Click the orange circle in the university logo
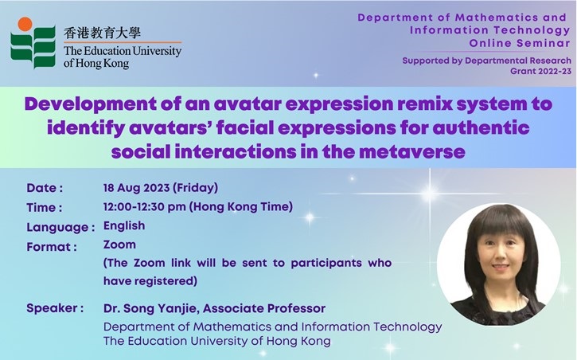point(25,24)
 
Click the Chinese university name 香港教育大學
point(102,33)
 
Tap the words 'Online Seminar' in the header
point(520,43)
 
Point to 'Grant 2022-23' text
point(540,71)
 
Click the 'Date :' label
point(45,188)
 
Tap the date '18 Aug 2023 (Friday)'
point(161,188)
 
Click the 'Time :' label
point(44,208)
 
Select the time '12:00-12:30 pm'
point(144,206)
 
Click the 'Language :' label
point(60,227)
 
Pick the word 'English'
point(124,225)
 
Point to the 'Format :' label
point(52,247)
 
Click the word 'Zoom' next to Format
point(119,245)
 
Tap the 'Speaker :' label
point(55,308)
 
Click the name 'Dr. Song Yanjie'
point(151,308)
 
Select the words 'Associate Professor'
point(264,308)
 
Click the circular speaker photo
point(499,264)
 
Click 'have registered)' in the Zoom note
point(150,281)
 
